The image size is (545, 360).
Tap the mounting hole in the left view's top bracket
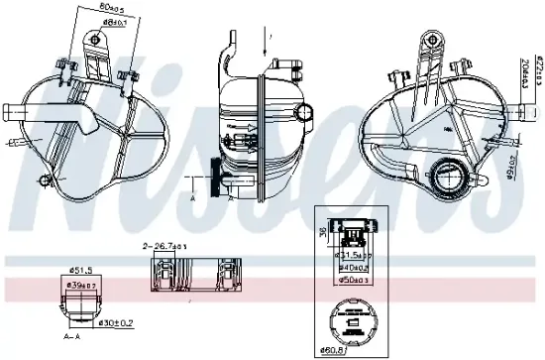click(96, 40)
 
